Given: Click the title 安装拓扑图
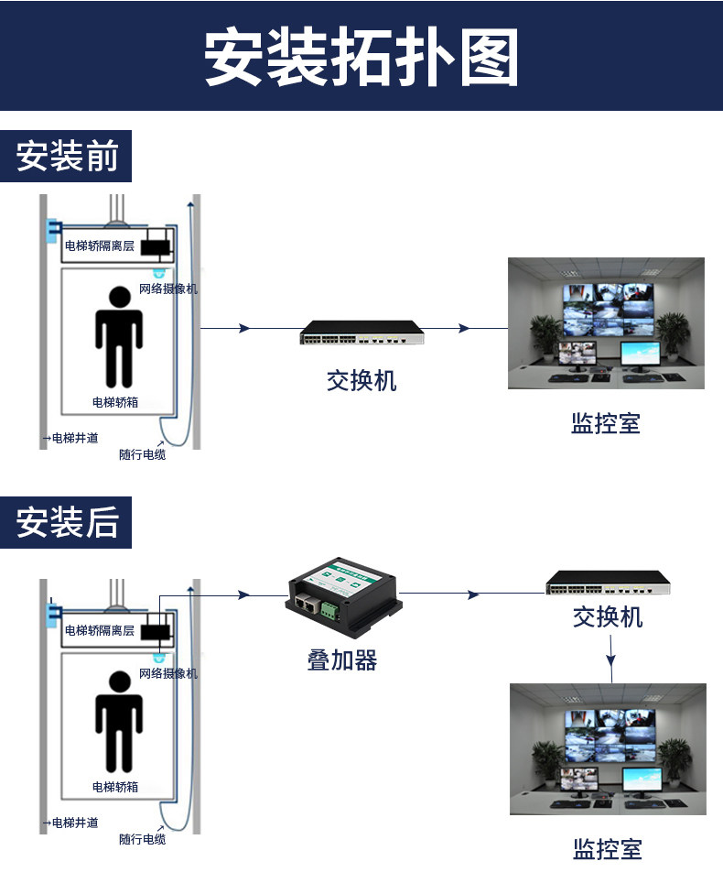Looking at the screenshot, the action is tap(361, 57).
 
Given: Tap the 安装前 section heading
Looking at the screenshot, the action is tap(67, 156).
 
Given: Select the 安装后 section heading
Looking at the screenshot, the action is tap(67, 522).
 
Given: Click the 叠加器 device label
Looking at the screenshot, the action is tap(342, 660).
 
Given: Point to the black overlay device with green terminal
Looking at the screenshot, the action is tap(343, 598).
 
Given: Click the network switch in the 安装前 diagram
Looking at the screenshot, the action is tap(361, 332).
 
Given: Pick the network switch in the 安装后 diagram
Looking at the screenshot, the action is tap(609, 583).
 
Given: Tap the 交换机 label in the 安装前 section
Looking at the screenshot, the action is tap(361, 381).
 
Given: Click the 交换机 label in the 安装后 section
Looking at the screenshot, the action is tap(608, 617).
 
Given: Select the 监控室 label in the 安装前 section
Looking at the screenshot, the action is tap(606, 423).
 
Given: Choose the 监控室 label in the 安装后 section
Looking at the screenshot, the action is tap(608, 849).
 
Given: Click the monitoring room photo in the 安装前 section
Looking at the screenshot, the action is tap(606, 323).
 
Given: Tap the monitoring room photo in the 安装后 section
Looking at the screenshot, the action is tap(608, 749).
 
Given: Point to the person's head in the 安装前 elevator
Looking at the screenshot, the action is tap(119, 297).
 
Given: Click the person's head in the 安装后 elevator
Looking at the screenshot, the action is tap(119, 681).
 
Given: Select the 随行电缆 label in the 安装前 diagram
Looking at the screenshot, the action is tap(143, 454).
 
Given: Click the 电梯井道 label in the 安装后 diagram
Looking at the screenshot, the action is tap(75, 823).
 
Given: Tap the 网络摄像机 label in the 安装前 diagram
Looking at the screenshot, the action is tap(168, 289).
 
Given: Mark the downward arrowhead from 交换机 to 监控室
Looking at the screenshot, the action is tap(611, 660).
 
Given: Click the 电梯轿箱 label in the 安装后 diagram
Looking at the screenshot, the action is tap(115, 787).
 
